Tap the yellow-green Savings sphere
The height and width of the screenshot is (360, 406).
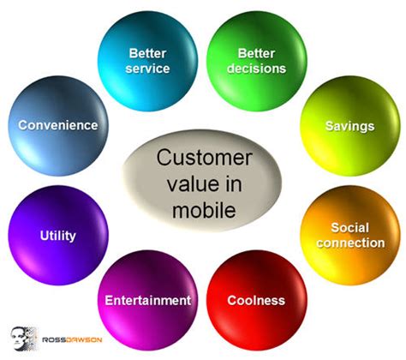point(348,127)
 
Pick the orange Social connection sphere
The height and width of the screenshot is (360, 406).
point(348,235)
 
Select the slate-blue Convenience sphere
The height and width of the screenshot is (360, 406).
point(58,125)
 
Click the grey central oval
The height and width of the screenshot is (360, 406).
point(202,183)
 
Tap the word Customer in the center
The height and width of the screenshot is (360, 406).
point(203,158)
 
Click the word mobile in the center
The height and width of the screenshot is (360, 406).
point(202,207)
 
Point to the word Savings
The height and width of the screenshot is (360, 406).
point(349,126)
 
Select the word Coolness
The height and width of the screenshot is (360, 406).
point(256,300)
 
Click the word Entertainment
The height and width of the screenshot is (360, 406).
point(147,300)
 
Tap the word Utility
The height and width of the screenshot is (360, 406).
point(58,235)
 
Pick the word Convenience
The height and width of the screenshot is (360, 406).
point(58,125)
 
